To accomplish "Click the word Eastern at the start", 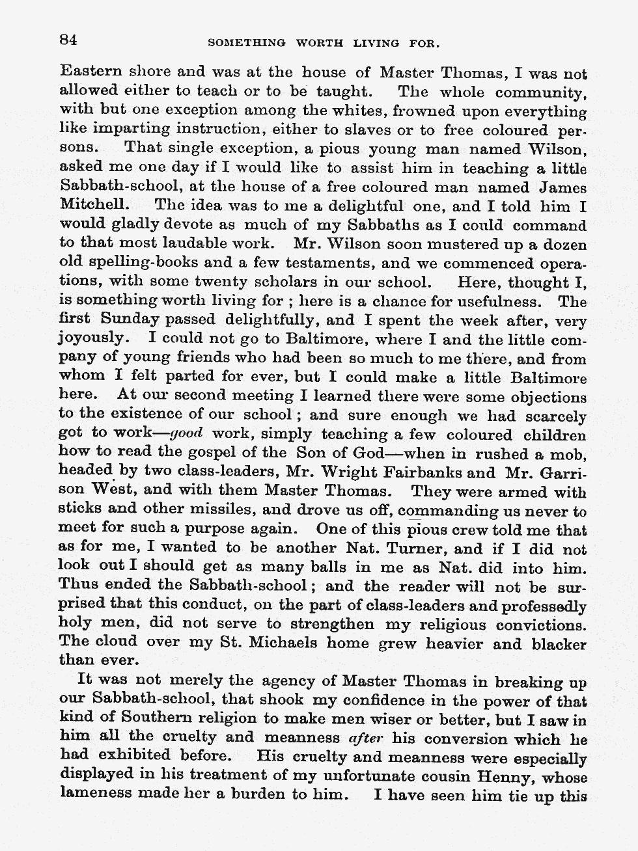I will (86, 72).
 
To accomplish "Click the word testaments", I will (327, 264).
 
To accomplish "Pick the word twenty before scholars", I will (195, 283).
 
